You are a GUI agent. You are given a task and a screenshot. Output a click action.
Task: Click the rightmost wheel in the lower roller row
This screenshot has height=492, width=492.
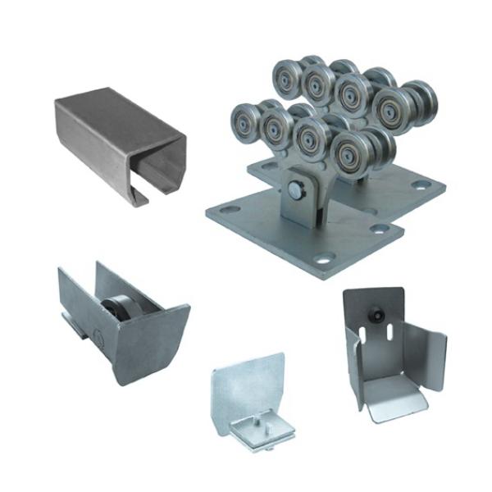352,153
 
